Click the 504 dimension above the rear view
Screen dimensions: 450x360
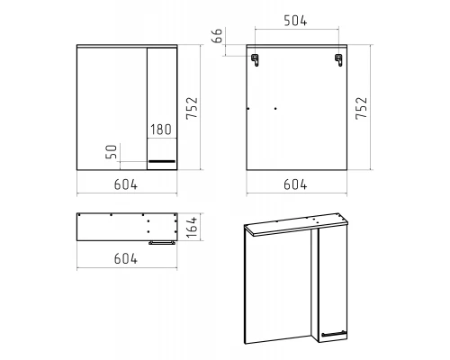[x=295, y=21]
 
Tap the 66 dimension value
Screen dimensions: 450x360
[x=218, y=36]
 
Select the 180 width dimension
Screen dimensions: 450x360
[x=161, y=130]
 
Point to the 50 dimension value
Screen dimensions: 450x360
[x=111, y=151]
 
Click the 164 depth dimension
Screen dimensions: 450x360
[x=192, y=227]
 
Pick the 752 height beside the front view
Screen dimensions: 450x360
[x=192, y=108]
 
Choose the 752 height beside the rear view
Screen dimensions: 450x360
[x=362, y=108]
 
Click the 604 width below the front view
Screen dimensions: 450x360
[x=126, y=184]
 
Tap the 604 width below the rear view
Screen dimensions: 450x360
[x=295, y=184]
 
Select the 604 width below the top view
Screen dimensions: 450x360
[x=126, y=258]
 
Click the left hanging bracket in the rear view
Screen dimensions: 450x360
[x=255, y=59]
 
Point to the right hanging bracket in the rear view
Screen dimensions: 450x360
[x=338, y=59]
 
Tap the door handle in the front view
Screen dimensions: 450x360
[x=162, y=161]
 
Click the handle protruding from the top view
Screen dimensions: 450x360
[x=162, y=243]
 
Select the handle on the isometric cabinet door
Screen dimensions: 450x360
[x=333, y=333]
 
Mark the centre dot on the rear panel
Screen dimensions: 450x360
[x=275, y=109]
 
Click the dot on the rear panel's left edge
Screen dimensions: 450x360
[x=248, y=109]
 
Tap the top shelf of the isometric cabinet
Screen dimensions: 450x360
[x=296, y=224]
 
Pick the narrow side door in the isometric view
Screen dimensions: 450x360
[x=333, y=284]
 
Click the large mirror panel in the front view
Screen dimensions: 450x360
[x=112, y=109]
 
